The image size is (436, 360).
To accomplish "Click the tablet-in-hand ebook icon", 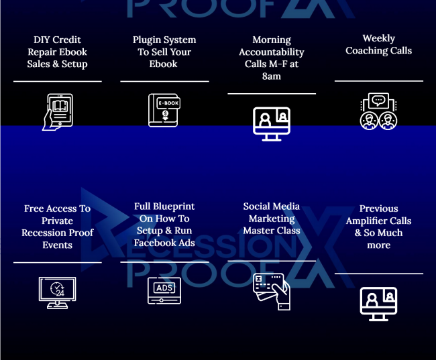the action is point(58,112).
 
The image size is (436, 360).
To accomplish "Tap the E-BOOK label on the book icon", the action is point(168,103).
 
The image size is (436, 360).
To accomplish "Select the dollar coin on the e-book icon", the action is point(165,113).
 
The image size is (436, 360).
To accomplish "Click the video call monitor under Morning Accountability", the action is point(272,124).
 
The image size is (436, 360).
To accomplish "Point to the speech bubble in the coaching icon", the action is point(378,100).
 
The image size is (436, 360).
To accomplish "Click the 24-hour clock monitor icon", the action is point(57,293).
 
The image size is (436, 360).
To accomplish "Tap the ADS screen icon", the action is point(164,290).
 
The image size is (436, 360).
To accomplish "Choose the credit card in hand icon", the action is point(272,292).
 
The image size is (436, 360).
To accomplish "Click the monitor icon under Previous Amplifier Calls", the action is point(378,304).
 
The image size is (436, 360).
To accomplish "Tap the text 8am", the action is point(272,76).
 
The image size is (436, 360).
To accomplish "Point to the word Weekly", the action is point(378,38).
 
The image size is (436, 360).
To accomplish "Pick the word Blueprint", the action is point(174,206).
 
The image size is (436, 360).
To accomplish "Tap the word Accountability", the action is point(272,52).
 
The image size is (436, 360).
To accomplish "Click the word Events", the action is point(57,245).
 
